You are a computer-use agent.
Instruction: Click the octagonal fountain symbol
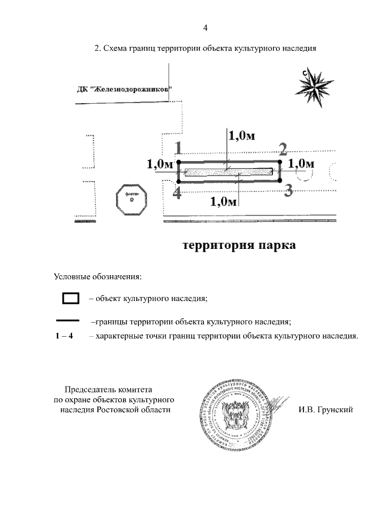(x=132, y=200)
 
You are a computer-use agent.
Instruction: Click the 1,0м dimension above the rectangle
(x=241, y=136)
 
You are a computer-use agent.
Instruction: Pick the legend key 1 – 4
(x=63, y=337)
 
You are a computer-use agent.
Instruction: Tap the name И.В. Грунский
(x=324, y=410)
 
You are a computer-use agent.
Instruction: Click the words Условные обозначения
(x=98, y=276)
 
